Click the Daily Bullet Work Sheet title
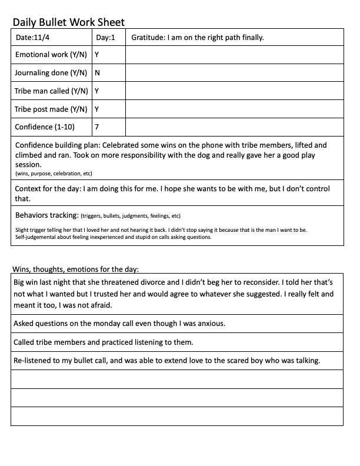[x=69, y=22]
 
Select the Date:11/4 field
[x=32, y=38]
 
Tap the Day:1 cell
[x=105, y=38]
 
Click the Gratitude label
[x=148, y=38]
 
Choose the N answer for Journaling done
[x=97, y=73]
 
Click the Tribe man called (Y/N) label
[x=51, y=91]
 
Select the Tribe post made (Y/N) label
[x=51, y=109]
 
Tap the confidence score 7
[x=97, y=127]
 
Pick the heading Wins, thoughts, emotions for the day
[x=76, y=270]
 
